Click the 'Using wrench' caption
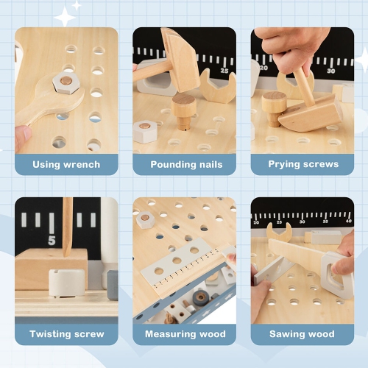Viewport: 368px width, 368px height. pos(66,164)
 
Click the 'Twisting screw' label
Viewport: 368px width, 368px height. pos(66,333)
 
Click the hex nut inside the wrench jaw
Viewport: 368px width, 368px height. pos(66,82)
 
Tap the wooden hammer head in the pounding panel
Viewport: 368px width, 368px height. pos(180,52)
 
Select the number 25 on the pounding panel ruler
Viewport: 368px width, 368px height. pos(224,71)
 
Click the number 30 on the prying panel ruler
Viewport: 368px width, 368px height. pos(330,71)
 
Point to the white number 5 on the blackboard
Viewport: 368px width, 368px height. pos(52,240)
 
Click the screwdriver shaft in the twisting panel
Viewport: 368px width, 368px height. pos(67,224)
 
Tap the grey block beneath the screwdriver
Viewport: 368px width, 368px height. pos(66,283)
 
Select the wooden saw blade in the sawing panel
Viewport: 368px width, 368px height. pos(298,255)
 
